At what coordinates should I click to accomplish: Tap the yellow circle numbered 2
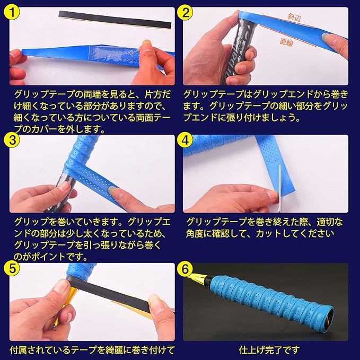click(x=185, y=12)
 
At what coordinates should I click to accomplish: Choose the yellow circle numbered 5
click(x=12, y=268)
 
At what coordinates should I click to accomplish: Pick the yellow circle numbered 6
click(x=185, y=268)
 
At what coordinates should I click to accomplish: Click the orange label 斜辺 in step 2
click(x=294, y=17)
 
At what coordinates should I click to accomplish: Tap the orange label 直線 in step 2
click(x=286, y=42)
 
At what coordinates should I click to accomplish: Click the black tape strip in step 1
click(x=115, y=20)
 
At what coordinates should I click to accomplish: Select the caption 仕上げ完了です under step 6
click(x=269, y=350)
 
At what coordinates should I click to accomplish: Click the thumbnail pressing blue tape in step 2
click(x=328, y=36)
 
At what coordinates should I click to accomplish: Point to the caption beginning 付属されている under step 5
click(x=92, y=350)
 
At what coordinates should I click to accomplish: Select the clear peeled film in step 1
click(x=112, y=54)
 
